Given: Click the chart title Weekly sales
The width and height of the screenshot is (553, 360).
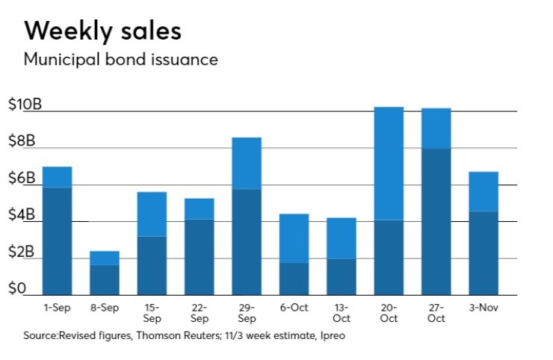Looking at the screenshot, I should pos(102,31).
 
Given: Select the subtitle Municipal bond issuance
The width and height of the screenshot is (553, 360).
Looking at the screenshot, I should pos(120,60).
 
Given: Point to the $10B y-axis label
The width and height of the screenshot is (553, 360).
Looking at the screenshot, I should pos(25,105).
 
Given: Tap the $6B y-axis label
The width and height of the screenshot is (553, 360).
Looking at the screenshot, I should pos(22,179).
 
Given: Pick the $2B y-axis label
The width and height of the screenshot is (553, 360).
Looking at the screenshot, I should pos(22,252).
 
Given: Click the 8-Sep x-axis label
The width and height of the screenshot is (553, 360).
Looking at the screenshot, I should pos(104,307).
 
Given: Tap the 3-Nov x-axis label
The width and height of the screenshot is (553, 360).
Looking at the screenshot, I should pos(483,307).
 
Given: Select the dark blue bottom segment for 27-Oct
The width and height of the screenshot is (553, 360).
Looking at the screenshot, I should pos(436,221).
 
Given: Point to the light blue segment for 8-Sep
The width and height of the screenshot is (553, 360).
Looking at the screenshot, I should pos(104,258).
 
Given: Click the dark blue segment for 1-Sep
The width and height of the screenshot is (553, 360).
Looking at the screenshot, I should pos(57,240).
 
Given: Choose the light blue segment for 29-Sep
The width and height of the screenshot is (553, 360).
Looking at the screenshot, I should pos(247,163).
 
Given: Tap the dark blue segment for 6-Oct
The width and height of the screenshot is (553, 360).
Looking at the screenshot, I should pos(294,278).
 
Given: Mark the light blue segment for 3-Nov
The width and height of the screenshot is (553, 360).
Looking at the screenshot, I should pos(483,191).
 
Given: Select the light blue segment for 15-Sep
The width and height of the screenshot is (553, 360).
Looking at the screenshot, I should pos(152,214).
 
